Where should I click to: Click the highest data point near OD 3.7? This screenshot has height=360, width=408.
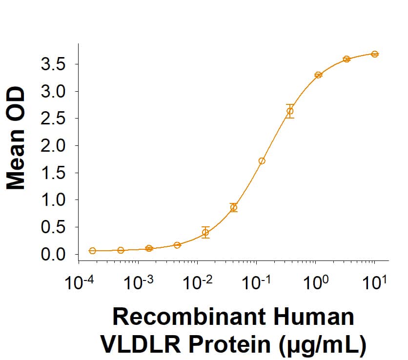pos(374,54)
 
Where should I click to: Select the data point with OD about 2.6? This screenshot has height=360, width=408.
pos(290,111)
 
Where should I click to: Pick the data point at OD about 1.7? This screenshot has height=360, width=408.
pos(262,161)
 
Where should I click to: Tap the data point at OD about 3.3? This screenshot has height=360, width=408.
pos(318,75)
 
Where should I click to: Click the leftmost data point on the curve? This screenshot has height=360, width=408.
pos(92,251)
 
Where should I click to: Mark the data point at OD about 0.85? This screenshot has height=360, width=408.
pos(234,207)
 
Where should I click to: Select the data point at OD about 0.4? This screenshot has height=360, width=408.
pos(205,232)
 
